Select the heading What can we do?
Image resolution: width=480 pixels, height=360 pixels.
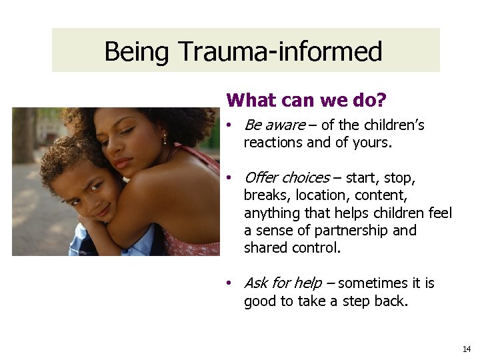point(306,100)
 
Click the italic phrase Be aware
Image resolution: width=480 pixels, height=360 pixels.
point(275,125)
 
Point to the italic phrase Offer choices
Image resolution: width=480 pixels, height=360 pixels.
point(287,177)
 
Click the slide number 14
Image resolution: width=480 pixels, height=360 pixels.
point(466,349)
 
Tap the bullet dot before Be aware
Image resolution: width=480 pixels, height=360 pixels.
point(228,125)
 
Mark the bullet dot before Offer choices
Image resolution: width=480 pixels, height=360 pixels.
point(228,177)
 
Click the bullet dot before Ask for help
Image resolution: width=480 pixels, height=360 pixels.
point(228,283)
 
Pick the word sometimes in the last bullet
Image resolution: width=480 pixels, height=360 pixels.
point(372,283)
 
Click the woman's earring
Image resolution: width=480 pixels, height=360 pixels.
point(165,140)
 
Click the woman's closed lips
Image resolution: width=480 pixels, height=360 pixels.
point(122,163)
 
